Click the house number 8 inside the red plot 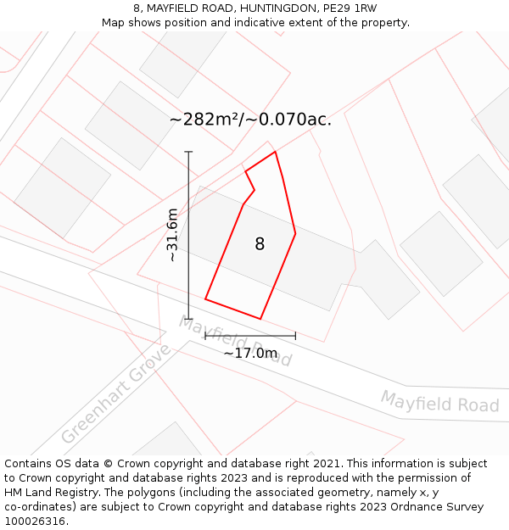[x=260, y=244]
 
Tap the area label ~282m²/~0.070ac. [x=250, y=120]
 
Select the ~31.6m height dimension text [x=172, y=235]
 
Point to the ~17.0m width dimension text [x=250, y=353]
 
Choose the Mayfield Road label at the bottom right [x=439, y=402]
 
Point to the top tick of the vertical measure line [x=188, y=152]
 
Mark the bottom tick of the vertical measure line [x=188, y=319]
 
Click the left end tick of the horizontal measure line [x=205, y=336]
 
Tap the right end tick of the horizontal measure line [x=295, y=336]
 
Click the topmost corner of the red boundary [x=276, y=152]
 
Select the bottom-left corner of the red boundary [x=205, y=298]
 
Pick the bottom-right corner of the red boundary [x=260, y=319]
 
